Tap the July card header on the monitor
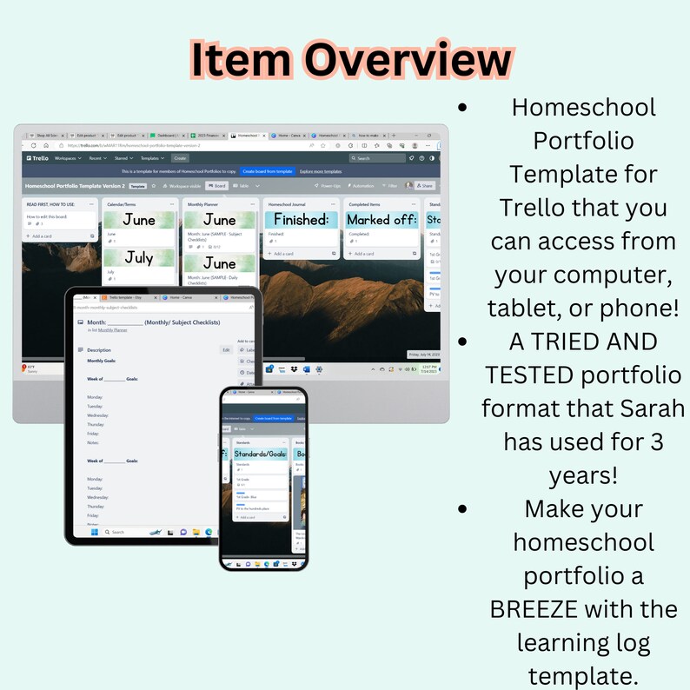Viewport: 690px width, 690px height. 139,258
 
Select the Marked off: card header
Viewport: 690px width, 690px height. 380,220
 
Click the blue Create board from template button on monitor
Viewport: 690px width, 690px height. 266,171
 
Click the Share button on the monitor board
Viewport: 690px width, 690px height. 425,185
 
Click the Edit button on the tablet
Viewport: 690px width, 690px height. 226,349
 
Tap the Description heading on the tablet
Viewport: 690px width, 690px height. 99,349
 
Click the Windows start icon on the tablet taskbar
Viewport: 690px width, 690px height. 94,531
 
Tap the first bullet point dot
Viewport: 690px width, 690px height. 462,108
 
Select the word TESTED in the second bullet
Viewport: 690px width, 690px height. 536,375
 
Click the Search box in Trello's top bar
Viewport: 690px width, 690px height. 375,158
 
